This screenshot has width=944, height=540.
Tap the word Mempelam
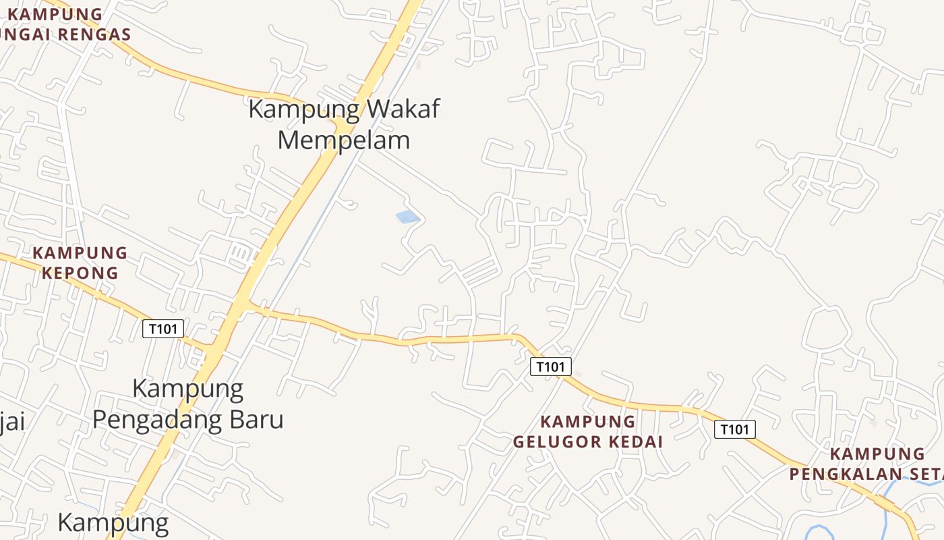344,140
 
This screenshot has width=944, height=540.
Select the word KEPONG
80,273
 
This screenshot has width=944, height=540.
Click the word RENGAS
94,34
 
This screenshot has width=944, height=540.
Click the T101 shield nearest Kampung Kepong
163,329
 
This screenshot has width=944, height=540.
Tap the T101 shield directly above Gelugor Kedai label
551,367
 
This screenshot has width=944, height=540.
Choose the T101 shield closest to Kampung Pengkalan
735,429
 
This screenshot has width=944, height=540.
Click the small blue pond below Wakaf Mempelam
407,217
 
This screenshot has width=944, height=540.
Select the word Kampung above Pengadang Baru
187,388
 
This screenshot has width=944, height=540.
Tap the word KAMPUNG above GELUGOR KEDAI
588,422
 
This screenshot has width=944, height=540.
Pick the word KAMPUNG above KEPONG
80,253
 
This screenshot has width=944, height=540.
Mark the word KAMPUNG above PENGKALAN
877,454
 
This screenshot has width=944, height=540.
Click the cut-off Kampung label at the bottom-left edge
113,523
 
